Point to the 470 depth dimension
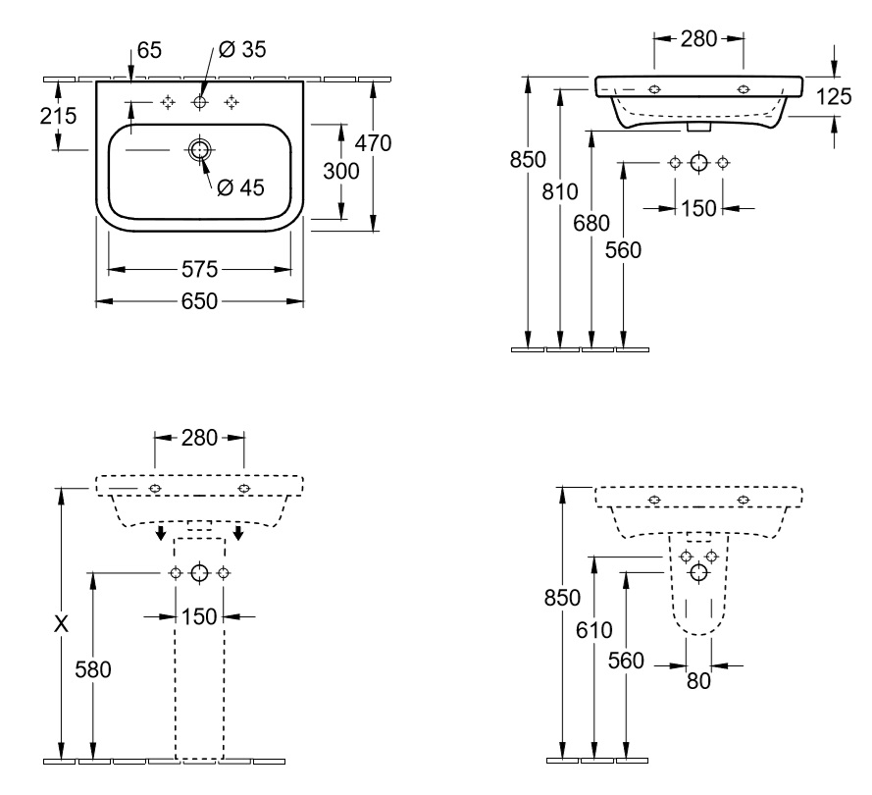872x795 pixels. point(373,143)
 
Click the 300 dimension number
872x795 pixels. point(340,170)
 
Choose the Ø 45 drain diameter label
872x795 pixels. point(240,187)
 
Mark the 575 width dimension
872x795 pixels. point(199,268)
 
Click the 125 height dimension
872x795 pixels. point(835,96)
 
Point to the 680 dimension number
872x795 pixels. point(590,222)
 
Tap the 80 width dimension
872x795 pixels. point(697,679)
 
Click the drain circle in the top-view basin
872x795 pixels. point(199,150)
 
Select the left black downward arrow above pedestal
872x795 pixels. point(159,534)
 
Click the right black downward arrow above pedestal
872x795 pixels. point(238,534)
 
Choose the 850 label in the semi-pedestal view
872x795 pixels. point(562,597)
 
